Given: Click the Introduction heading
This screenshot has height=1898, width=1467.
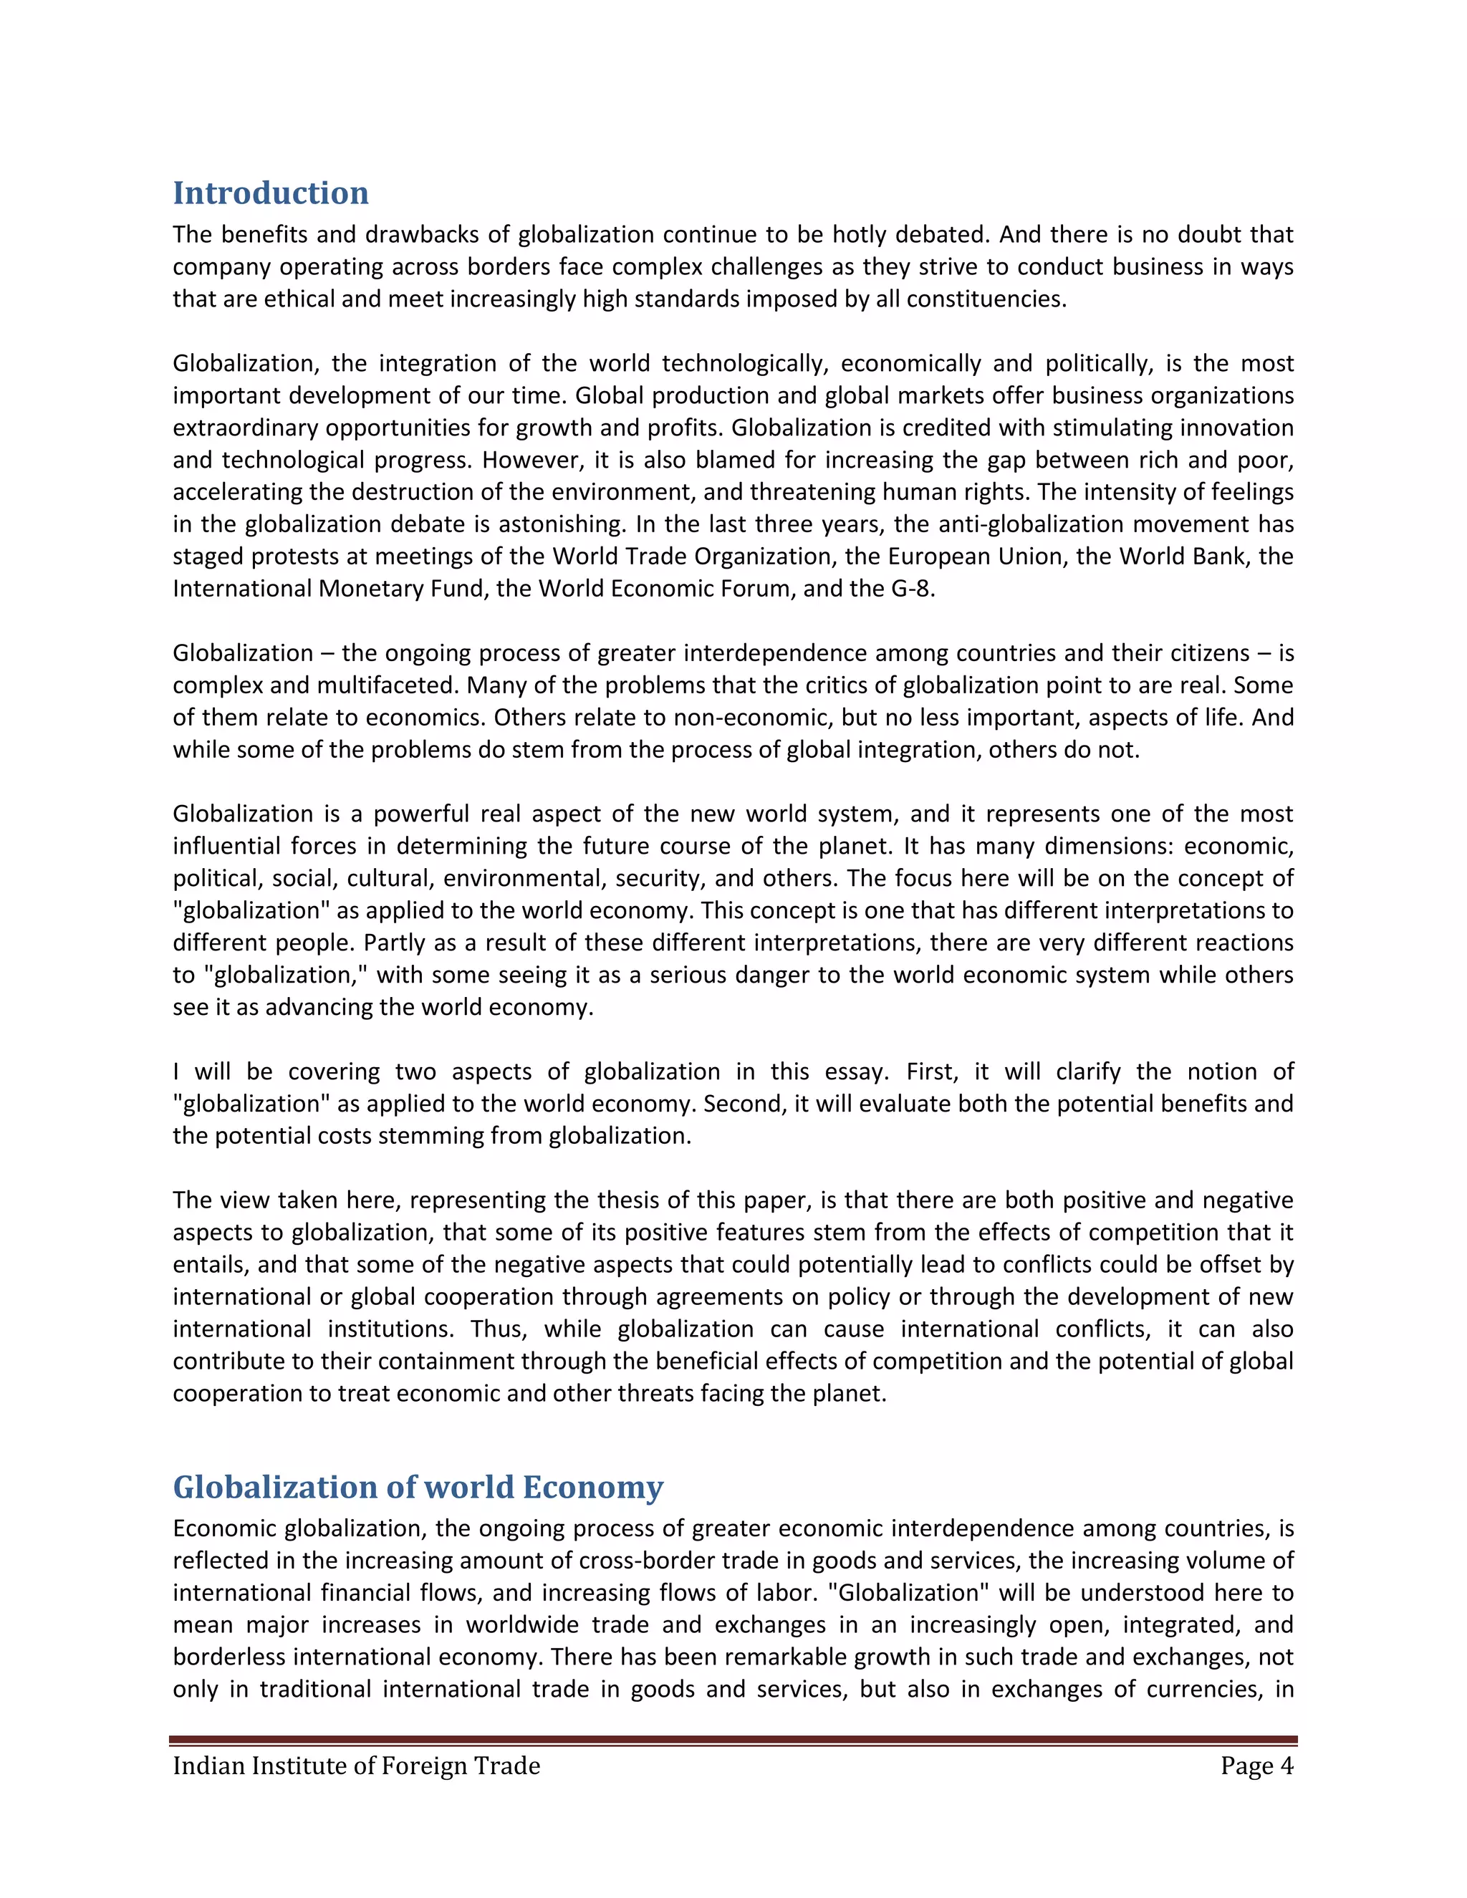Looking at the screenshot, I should [x=270, y=193].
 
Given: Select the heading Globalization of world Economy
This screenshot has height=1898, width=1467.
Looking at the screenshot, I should [x=418, y=1487].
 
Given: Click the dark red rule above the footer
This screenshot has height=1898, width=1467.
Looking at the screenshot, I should [x=733, y=1740].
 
